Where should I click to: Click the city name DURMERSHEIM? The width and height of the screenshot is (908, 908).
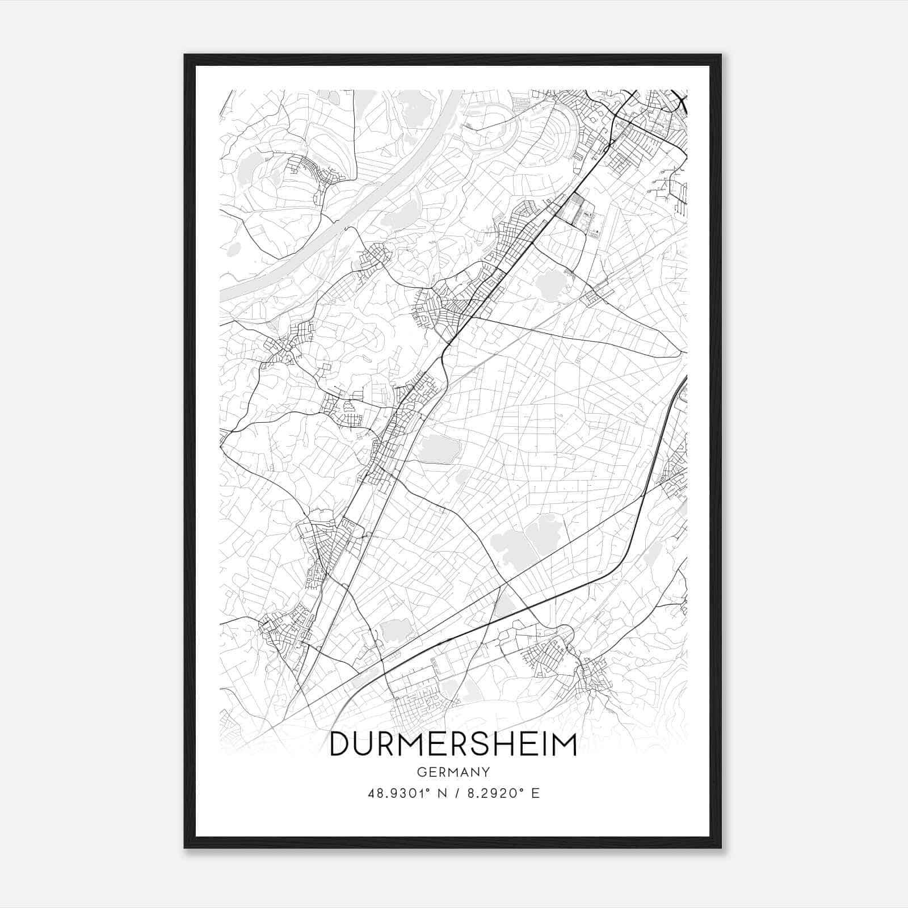coord(453,745)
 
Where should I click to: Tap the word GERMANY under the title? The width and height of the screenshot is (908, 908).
coord(453,772)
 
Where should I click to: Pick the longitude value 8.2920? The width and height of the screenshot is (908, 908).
coord(491,793)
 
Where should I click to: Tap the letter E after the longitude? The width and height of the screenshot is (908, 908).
coord(535,793)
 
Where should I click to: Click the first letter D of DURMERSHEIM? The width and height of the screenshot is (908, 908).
coord(339,745)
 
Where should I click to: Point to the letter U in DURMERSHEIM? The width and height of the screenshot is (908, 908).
coord(364,745)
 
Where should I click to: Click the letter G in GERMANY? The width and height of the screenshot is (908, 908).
coord(421,772)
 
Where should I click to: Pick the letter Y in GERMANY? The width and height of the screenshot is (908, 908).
coord(486,772)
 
